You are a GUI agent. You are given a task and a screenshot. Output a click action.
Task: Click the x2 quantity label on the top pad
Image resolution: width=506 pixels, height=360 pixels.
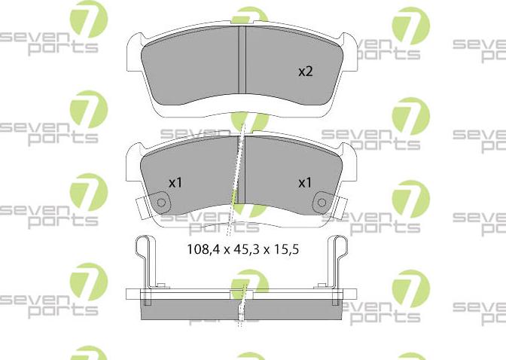click(x=305, y=72)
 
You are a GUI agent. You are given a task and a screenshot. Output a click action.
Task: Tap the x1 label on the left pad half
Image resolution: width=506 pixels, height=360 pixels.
click(x=175, y=182)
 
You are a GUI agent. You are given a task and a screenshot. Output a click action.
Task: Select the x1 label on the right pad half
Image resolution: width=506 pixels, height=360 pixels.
click(x=305, y=182)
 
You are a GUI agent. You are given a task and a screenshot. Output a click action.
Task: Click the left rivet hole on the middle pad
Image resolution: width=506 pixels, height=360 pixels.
click(x=160, y=202)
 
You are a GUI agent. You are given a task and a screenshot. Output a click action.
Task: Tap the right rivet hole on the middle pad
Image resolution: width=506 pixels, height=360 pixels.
click(x=322, y=202)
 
